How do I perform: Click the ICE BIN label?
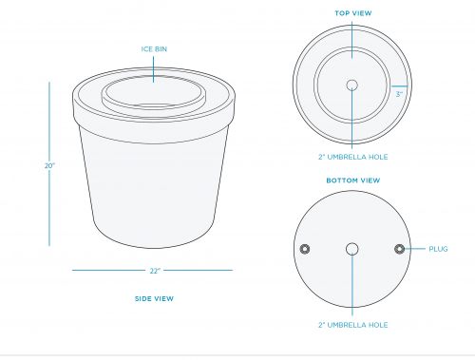tap(154, 49)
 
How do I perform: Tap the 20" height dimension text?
tap(49, 165)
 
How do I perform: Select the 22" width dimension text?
tap(155, 271)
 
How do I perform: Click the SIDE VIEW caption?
tap(154, 298)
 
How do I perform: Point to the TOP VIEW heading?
tap(353, 13)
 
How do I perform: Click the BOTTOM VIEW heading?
tap(353, 180)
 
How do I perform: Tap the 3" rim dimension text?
tap(399, 94)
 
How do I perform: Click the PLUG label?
tap(438, 249)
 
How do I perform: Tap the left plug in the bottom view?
tap(305, 249)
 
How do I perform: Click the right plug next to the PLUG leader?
tap(399, 249)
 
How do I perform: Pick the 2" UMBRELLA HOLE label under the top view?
tap(353, 157)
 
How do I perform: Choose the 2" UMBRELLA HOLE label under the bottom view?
tap(353, 325)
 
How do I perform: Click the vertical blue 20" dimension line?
tap(49, 123)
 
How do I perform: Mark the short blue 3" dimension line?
tap(399, 86)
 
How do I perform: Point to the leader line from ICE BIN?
tap(154, 69)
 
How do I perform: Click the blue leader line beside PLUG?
tap(415, 249)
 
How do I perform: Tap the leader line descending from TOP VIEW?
tap(352, 40)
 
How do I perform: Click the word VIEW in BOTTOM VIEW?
tap(370, 180)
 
